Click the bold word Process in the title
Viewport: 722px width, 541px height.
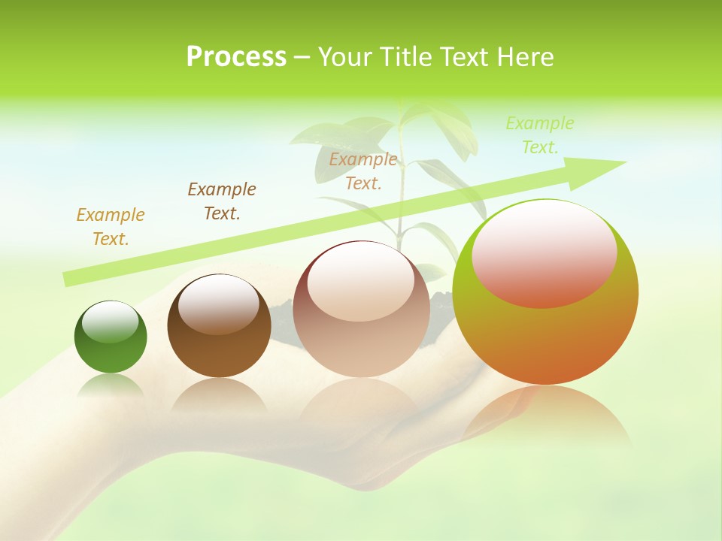pos(236,57)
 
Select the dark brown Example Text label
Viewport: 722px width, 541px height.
pos(222,201)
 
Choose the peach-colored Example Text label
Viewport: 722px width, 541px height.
pos(363,171)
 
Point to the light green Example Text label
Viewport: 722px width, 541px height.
pos(540,135)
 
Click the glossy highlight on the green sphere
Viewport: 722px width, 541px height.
pos(110,322)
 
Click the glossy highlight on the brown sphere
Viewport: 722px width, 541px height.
pos(219,304)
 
